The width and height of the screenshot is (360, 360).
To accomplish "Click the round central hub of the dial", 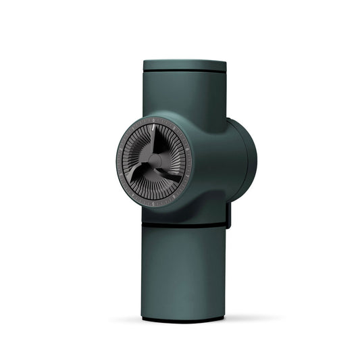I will tap(154, 162).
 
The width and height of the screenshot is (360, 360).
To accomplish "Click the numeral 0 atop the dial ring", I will tap(155, 120).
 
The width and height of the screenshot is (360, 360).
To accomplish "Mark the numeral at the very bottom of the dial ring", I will tap(154, 203).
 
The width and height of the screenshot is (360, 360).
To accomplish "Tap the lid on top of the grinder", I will tap(184, 65).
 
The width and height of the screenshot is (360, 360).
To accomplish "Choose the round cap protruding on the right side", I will tap(243, 160).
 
